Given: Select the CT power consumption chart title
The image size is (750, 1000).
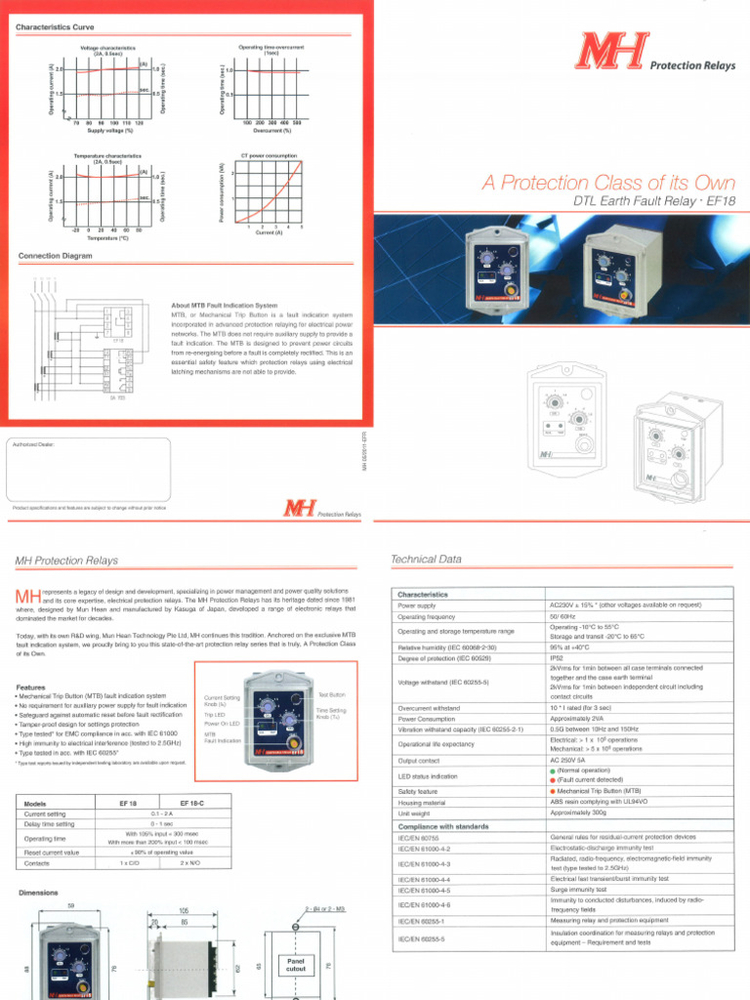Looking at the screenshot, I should point(269,154).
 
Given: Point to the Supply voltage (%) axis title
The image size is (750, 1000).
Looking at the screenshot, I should point(109,130).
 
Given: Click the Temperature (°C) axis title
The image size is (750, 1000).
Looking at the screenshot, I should point(109,237).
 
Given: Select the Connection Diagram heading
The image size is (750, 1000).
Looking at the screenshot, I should point(56,256).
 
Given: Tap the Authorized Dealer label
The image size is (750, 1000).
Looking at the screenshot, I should point(34,444).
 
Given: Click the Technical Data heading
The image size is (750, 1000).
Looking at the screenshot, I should point(425,560).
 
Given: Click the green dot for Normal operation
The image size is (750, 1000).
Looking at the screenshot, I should point(553,771).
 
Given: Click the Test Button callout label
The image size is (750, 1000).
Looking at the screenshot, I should point(332,694).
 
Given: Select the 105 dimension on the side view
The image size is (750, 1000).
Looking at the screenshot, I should point(184,909).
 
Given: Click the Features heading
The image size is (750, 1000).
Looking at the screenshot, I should point(32,687).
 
